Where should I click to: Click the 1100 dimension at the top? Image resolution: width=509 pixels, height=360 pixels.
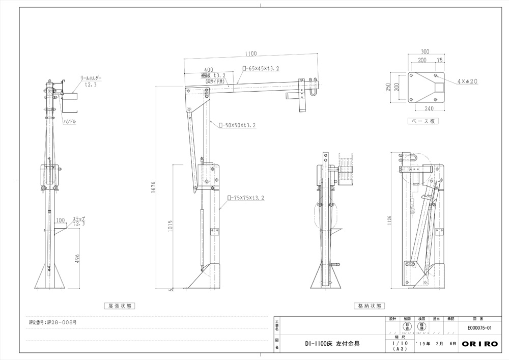tap(250, 53)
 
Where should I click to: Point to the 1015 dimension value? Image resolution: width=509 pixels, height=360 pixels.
tap(171, 227)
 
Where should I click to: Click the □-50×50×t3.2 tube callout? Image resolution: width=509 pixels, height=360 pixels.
tap(237, 125)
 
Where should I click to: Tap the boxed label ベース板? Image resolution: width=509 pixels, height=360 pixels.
tap(423, 121)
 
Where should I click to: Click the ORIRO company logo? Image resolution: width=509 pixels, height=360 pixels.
tap(480, 344)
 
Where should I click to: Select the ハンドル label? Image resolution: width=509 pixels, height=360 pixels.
tap(70, 122)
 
